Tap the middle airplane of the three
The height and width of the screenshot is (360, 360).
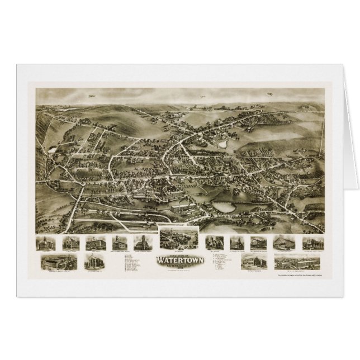[x=269, y=93]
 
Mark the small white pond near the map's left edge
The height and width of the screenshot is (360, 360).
[x=52, y=150]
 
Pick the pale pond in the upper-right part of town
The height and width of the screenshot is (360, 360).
[x=223, y=144]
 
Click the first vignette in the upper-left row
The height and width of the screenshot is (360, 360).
[x=44, y=243]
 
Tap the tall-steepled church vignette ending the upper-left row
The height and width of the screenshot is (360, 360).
[x=140, y=243]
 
